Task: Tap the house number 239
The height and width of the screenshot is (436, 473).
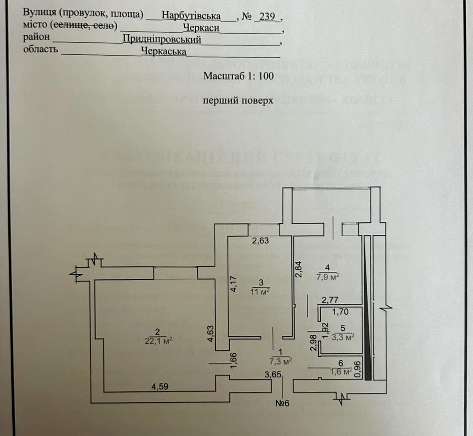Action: click(x=268, y=16)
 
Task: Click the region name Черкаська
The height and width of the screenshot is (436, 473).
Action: click(x=164, y=51)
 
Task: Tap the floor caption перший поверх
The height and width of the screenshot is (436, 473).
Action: click(x=238, y=101)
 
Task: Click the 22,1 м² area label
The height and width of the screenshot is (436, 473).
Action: click(x=159, y=340)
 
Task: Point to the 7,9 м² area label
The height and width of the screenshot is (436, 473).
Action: click(x=328, y=276)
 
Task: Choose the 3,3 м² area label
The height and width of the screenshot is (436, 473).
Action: click(x=342, y=337)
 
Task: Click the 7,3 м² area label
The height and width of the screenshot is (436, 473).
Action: click(x=281, y=361)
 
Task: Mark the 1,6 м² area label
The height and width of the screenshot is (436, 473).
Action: click(x=341, y=371)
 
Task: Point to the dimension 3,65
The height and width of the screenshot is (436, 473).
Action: click(x=273, y=374)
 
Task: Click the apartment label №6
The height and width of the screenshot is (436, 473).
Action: click(x=282, y=404)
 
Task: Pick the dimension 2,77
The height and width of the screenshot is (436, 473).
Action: click(x=331, y=300)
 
